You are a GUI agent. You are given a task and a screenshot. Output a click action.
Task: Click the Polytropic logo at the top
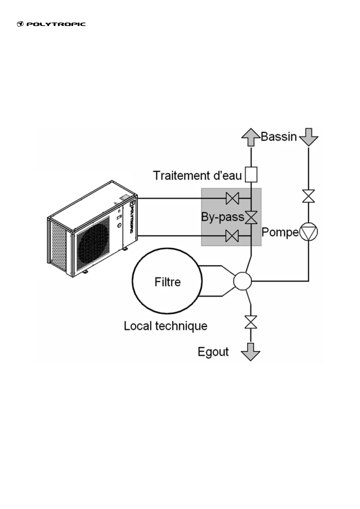pos(51,24)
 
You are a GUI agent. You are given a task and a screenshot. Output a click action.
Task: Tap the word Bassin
pos(279,136)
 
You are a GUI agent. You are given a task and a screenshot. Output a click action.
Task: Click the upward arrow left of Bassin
pos(251,138)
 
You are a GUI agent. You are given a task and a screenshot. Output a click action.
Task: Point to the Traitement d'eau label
pos(197,176)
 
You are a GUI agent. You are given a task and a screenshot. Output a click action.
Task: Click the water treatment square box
pos(251,174)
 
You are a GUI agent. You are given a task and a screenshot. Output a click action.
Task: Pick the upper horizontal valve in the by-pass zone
pos(232,199)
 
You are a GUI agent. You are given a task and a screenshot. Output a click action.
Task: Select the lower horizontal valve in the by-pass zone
pos(232,236)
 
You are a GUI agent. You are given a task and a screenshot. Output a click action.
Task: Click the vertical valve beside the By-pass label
pos(251,217)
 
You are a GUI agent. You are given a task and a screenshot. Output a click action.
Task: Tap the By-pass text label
pos(223,217)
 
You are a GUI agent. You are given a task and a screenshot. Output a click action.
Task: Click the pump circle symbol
pos(309,232)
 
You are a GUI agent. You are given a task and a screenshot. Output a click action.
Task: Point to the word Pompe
pos(280,232)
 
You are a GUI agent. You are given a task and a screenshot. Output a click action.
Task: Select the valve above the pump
pos(309,196)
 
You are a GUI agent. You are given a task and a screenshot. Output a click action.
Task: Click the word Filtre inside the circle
pos(168,282)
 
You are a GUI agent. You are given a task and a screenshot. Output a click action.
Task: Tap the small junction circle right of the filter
pos(242,281)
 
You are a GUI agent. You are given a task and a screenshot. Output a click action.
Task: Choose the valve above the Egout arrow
pos(251,322)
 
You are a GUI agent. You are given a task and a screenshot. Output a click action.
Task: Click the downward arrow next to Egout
pos(251,352)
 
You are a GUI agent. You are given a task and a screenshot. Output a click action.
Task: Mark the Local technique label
pos(165,326)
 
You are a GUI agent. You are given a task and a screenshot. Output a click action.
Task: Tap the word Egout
pos(213,352)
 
